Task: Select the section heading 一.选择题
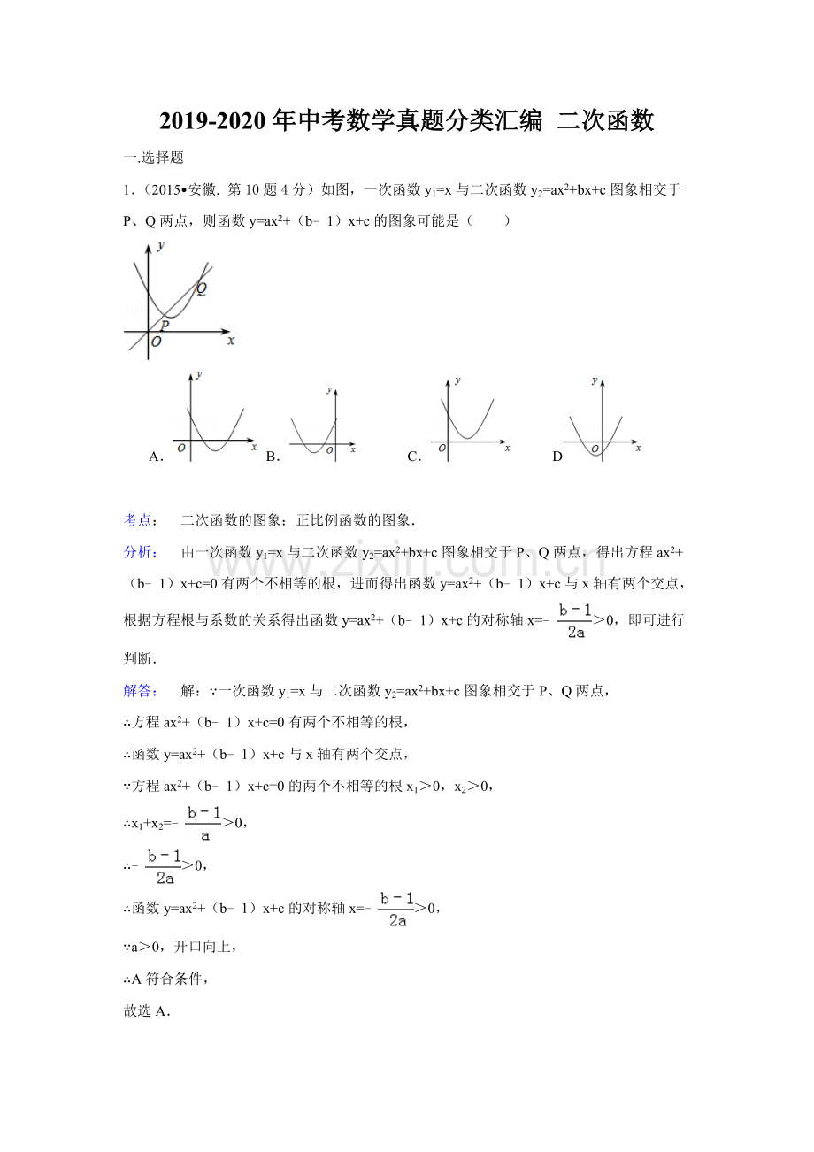[153, 157]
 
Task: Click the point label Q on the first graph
[202, 288]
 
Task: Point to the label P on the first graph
[164, 325]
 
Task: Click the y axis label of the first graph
[160, 245]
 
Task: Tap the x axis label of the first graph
[231, 340]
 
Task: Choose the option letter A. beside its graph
[157, 457]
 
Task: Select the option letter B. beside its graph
[273, 457]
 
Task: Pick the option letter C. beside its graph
[414, 457]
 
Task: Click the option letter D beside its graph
[557, 457]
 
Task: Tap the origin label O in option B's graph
[329, 451]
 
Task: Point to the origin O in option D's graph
[595, 449]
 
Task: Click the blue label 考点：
[140, 519]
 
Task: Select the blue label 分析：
[140, 552]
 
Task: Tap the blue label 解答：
[140, 690]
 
